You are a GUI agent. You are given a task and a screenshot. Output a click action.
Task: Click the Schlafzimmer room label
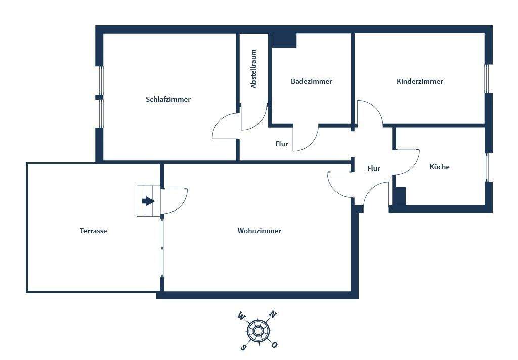pos(168,99)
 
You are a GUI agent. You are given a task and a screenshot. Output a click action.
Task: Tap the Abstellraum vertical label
pos(254,69)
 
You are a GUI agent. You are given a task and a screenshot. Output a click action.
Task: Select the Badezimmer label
pos(311,81)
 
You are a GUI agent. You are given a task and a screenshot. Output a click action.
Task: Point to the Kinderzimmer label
pos(419,81)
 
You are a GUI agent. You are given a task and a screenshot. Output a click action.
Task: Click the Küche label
pos(439,167)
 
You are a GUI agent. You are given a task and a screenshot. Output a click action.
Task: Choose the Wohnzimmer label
pos(259,231)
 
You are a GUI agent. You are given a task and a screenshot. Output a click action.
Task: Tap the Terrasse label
pos(94,231)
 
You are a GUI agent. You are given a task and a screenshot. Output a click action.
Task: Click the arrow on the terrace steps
pos(148,201)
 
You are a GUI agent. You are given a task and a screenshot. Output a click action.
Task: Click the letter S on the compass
pos(243,347)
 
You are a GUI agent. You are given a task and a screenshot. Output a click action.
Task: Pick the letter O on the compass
pos(275,345)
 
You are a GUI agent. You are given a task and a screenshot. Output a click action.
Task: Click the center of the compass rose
pos(258,331)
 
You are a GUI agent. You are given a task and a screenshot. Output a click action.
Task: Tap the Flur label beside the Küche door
pos(373,168)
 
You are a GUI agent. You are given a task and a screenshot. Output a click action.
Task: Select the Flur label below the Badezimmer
pos(281,144)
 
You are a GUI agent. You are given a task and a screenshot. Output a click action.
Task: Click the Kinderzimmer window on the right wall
pos(488,78)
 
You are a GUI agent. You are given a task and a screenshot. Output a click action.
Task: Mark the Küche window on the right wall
pos(488,167)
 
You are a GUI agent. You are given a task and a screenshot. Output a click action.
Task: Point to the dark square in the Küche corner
pos(400,196)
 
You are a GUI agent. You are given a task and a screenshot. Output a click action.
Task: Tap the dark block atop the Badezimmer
pos(284,40)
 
